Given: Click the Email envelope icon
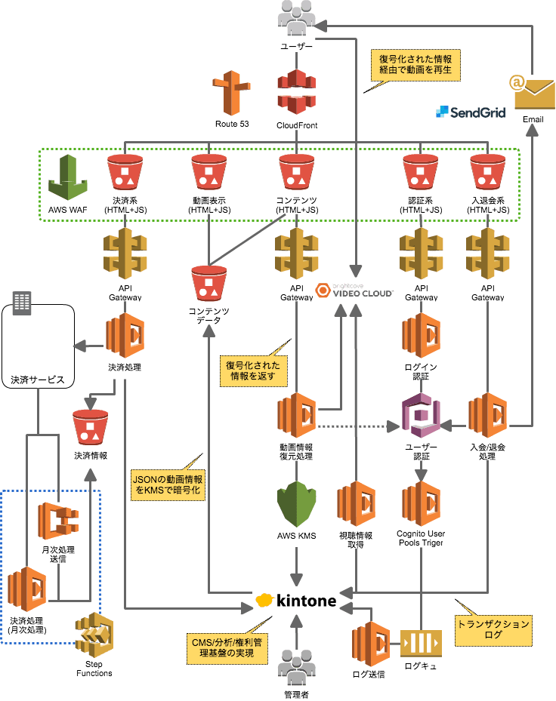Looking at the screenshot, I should pos(533,92).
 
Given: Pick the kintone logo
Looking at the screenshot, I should pos(295,601).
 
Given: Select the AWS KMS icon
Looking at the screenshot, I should pos(296,503).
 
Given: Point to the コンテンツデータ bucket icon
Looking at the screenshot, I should pos(208,283).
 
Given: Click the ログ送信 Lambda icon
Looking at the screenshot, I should pos(370,643).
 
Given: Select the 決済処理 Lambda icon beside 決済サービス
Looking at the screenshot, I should pos(125,336).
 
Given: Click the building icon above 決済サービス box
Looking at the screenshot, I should pos(22,303).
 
